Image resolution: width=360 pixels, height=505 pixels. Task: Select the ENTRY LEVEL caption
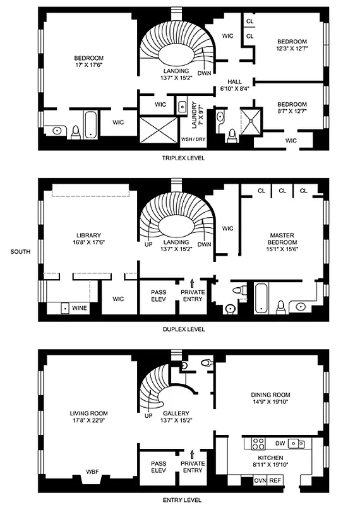click(182, 499)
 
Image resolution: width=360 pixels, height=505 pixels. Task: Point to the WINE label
click(80, 308)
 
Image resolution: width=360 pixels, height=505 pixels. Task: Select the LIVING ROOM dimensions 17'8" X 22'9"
click(88, 422)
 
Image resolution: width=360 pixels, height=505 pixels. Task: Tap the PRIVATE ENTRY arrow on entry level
click(191, 454)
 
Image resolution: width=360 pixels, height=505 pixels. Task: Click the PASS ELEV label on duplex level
click(159, 296)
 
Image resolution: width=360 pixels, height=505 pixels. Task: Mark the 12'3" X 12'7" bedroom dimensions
click(291, 48)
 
